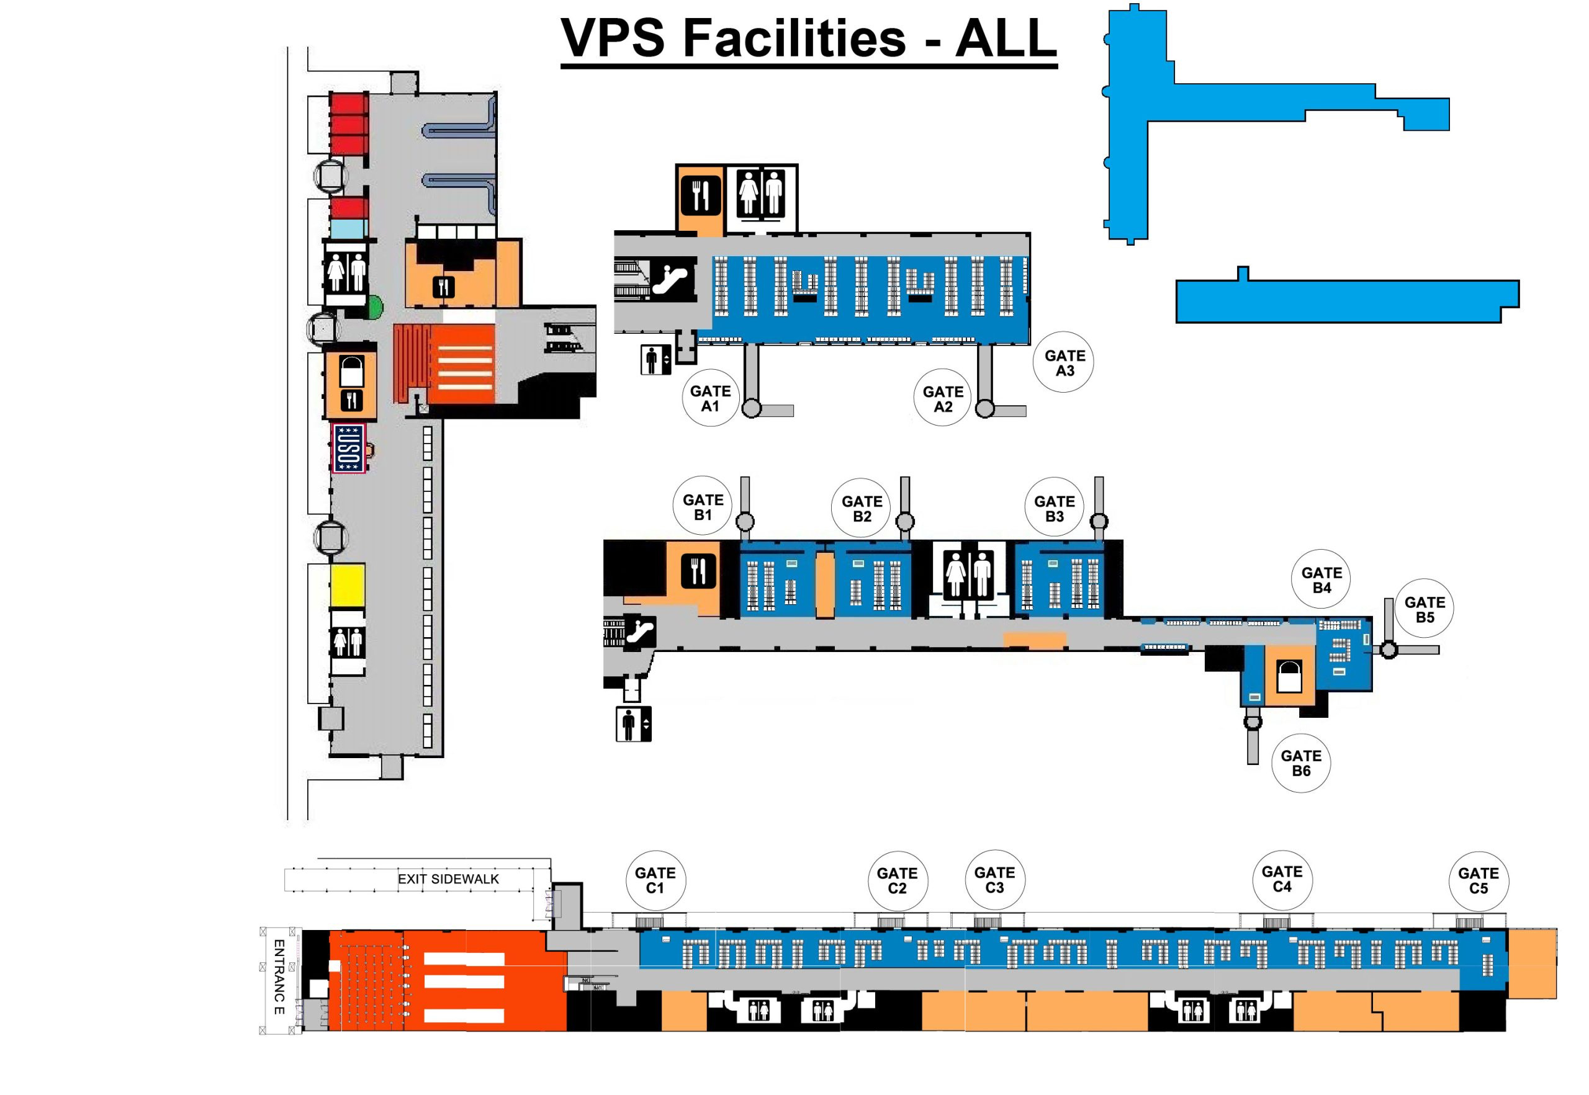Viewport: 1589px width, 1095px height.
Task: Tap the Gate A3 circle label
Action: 1064,363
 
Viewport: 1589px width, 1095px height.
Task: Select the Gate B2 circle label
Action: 862,508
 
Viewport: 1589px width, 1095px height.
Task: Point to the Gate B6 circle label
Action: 1301,763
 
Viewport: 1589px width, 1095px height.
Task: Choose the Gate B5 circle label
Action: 1425,609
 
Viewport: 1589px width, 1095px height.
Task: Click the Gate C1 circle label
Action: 655,880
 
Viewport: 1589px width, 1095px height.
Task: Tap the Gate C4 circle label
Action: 1282,879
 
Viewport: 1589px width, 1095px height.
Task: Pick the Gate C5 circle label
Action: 1478,881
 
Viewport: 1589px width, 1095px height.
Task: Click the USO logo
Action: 348,447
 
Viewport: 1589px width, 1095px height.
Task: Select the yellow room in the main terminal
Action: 348,585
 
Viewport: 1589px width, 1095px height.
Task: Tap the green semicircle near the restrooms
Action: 375,306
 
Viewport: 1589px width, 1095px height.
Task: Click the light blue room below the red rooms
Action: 349,228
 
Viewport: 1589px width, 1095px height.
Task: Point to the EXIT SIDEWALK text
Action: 448,879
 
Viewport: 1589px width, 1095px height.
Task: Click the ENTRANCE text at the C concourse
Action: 279,977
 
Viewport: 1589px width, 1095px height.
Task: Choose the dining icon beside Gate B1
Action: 698,571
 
